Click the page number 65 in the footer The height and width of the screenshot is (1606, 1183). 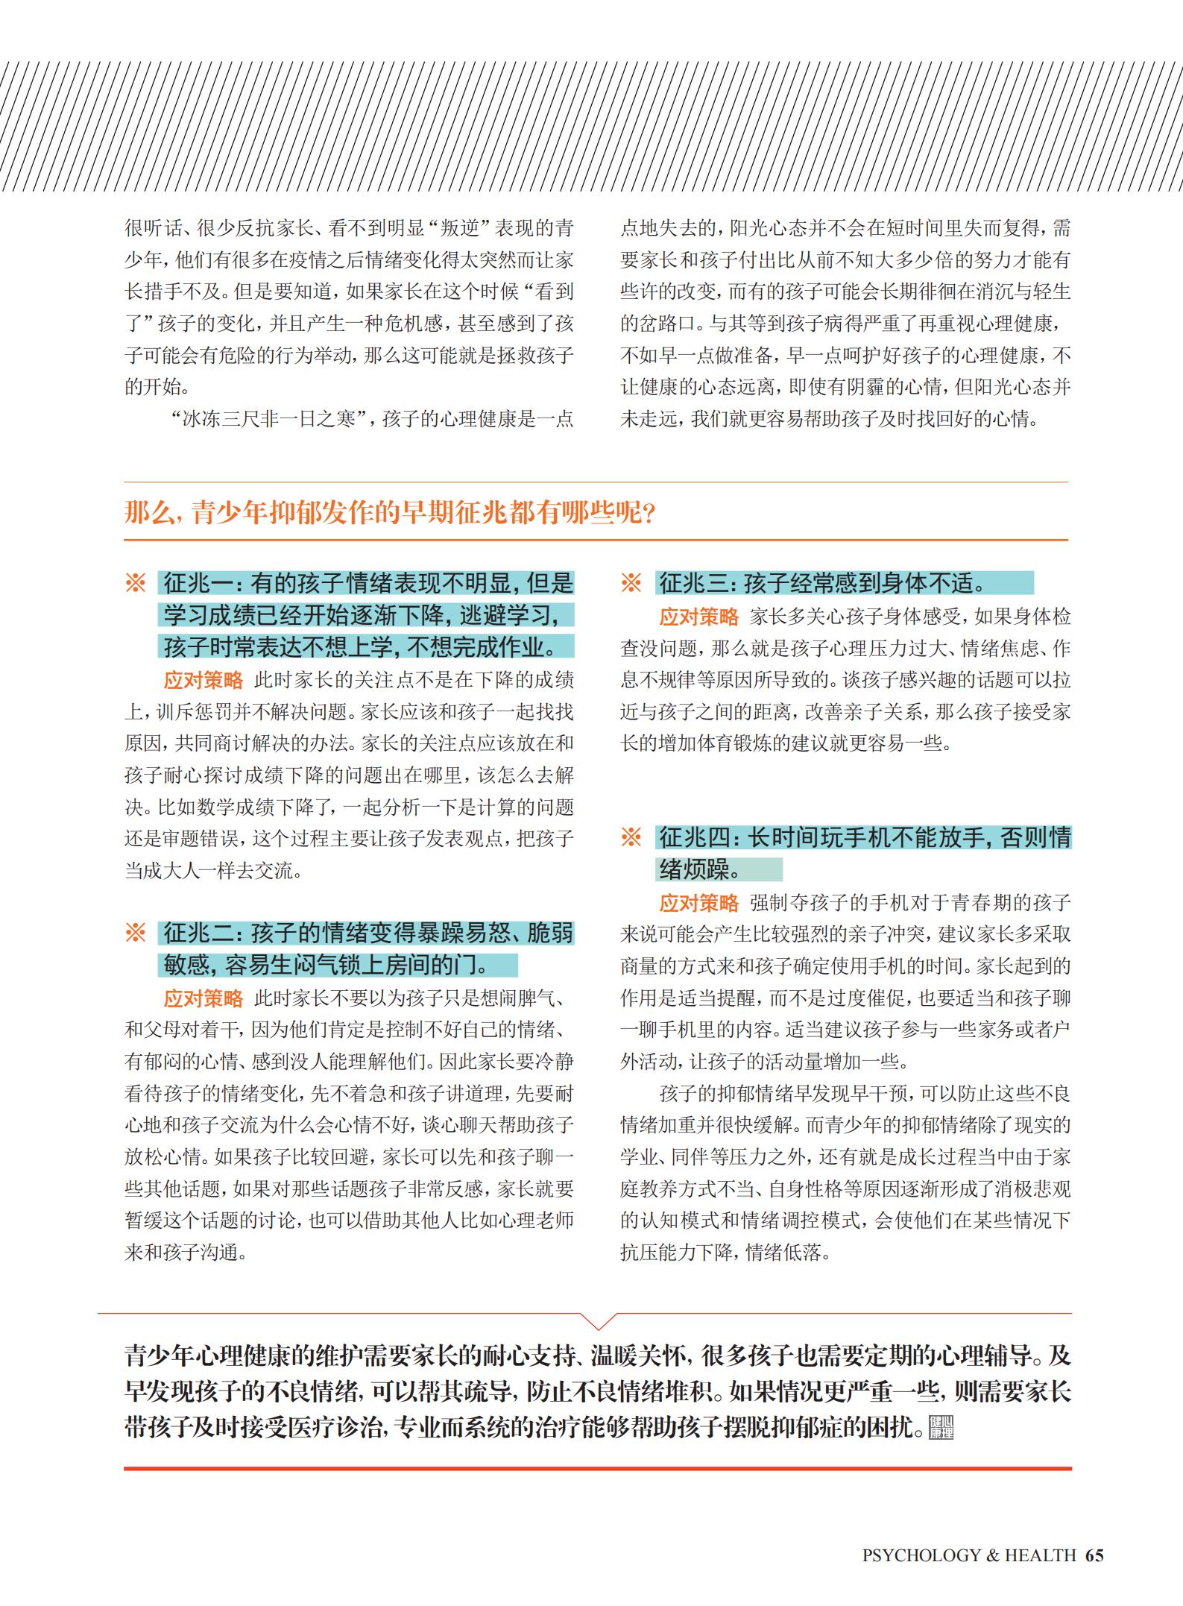(1094, 1555)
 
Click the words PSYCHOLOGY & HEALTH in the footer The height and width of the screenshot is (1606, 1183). (968, 1555)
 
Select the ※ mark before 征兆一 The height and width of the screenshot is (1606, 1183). (136, 583)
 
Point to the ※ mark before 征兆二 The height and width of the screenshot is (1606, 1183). (136, 933)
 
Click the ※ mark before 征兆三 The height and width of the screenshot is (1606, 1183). (631, 583)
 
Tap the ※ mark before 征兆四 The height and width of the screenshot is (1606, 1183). (631, 837)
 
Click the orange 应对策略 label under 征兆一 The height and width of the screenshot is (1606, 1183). (204, 680)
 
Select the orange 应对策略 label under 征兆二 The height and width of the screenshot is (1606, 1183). (204, 998)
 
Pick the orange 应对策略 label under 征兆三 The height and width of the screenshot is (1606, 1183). (698, 617)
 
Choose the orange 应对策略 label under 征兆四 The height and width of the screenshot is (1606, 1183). (698, 903)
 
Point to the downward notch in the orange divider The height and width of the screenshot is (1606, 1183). (598, 1322)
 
